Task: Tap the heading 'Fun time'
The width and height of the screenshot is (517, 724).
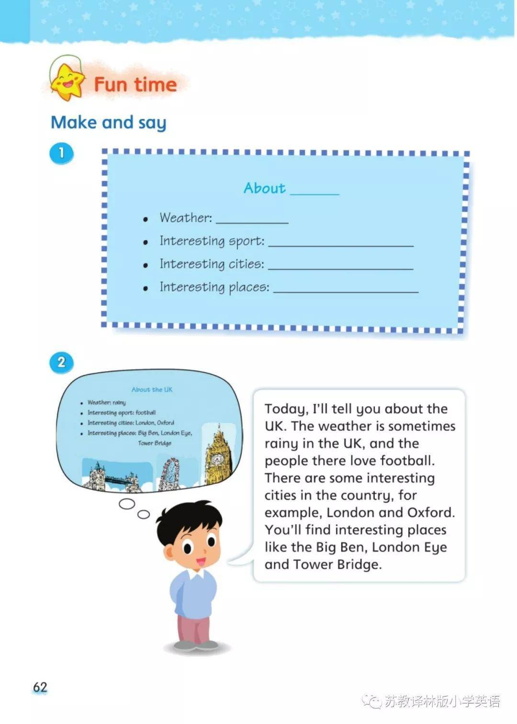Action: (135, 85)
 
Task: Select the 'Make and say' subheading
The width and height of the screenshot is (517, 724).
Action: (109, 123)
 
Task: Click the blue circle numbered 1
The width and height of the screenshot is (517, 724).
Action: (61, 153)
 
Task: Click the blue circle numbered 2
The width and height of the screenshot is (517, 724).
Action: (61, 362)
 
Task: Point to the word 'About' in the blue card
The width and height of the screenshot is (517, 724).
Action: (264, 188)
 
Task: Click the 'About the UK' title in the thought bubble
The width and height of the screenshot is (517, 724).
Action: (152, 390)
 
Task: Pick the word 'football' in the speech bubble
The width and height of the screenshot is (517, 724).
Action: (407, 461)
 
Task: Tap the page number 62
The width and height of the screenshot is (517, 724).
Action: (40, 688)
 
